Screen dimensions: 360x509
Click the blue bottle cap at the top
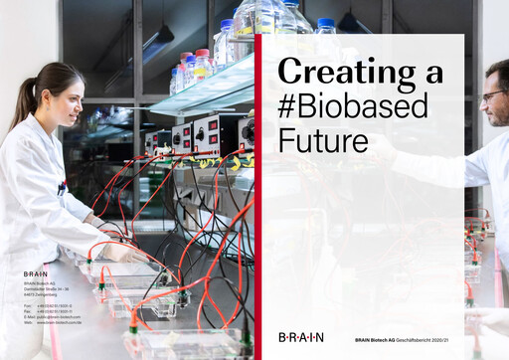325,22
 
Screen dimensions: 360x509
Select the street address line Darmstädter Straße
49,289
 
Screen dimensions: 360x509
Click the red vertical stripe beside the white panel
257,199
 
